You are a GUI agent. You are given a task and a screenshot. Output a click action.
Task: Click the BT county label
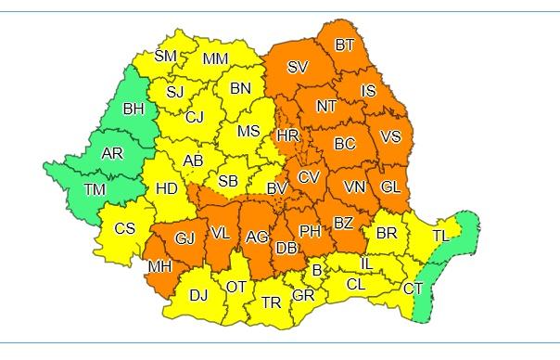[345, 44]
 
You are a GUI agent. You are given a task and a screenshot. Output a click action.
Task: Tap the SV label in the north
[298, 67]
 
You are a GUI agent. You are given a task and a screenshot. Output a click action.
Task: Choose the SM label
[165, 57]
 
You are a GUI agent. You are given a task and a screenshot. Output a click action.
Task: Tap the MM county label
[215, 59]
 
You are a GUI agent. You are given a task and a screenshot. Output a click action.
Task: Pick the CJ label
[194, 117]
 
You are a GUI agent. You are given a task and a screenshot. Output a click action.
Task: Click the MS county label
[248, 131]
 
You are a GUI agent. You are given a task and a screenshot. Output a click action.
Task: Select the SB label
[229, 179]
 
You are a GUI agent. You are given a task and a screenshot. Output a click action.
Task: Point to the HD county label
[167, 188]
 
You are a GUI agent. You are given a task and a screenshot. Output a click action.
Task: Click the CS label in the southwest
[124, 229]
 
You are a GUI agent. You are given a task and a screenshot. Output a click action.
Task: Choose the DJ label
[198, 296]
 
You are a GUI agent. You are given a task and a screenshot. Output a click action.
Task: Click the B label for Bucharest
[316, 270]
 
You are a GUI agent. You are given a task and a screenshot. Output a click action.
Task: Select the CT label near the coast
[413, 289]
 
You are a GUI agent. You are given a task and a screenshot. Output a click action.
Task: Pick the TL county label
[440, 237]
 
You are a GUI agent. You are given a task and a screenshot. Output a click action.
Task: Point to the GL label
[390, 187]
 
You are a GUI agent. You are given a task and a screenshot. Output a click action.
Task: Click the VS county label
[390, 136]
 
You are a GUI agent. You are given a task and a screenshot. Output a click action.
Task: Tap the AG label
[257, 238]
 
